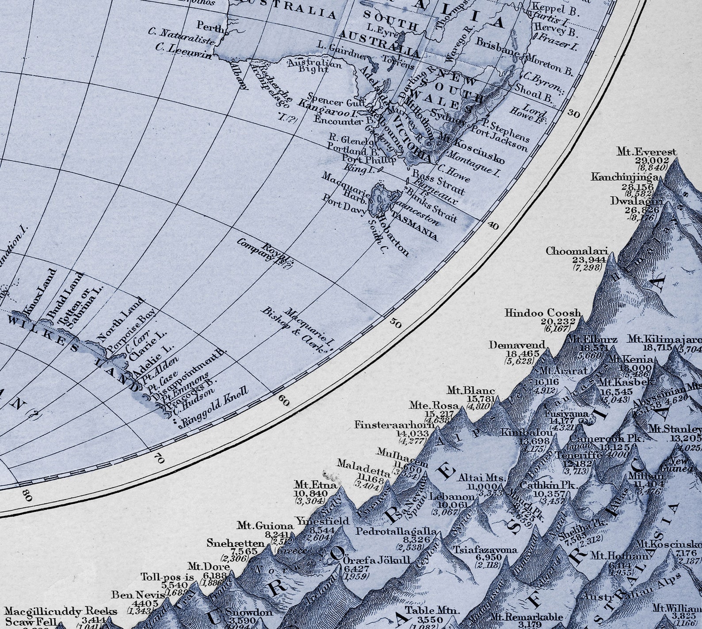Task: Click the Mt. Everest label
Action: (x=646, y=152)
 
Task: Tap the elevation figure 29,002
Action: (x=652, y=161)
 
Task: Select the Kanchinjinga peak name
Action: (x=625, y=177)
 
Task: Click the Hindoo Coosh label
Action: (x=542, y=313)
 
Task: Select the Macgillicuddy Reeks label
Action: (x=61, y=611)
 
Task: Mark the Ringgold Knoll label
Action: (x=216, y=404)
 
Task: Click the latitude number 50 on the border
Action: (x=396, y=323)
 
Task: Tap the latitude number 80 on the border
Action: (x=27, y=496)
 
